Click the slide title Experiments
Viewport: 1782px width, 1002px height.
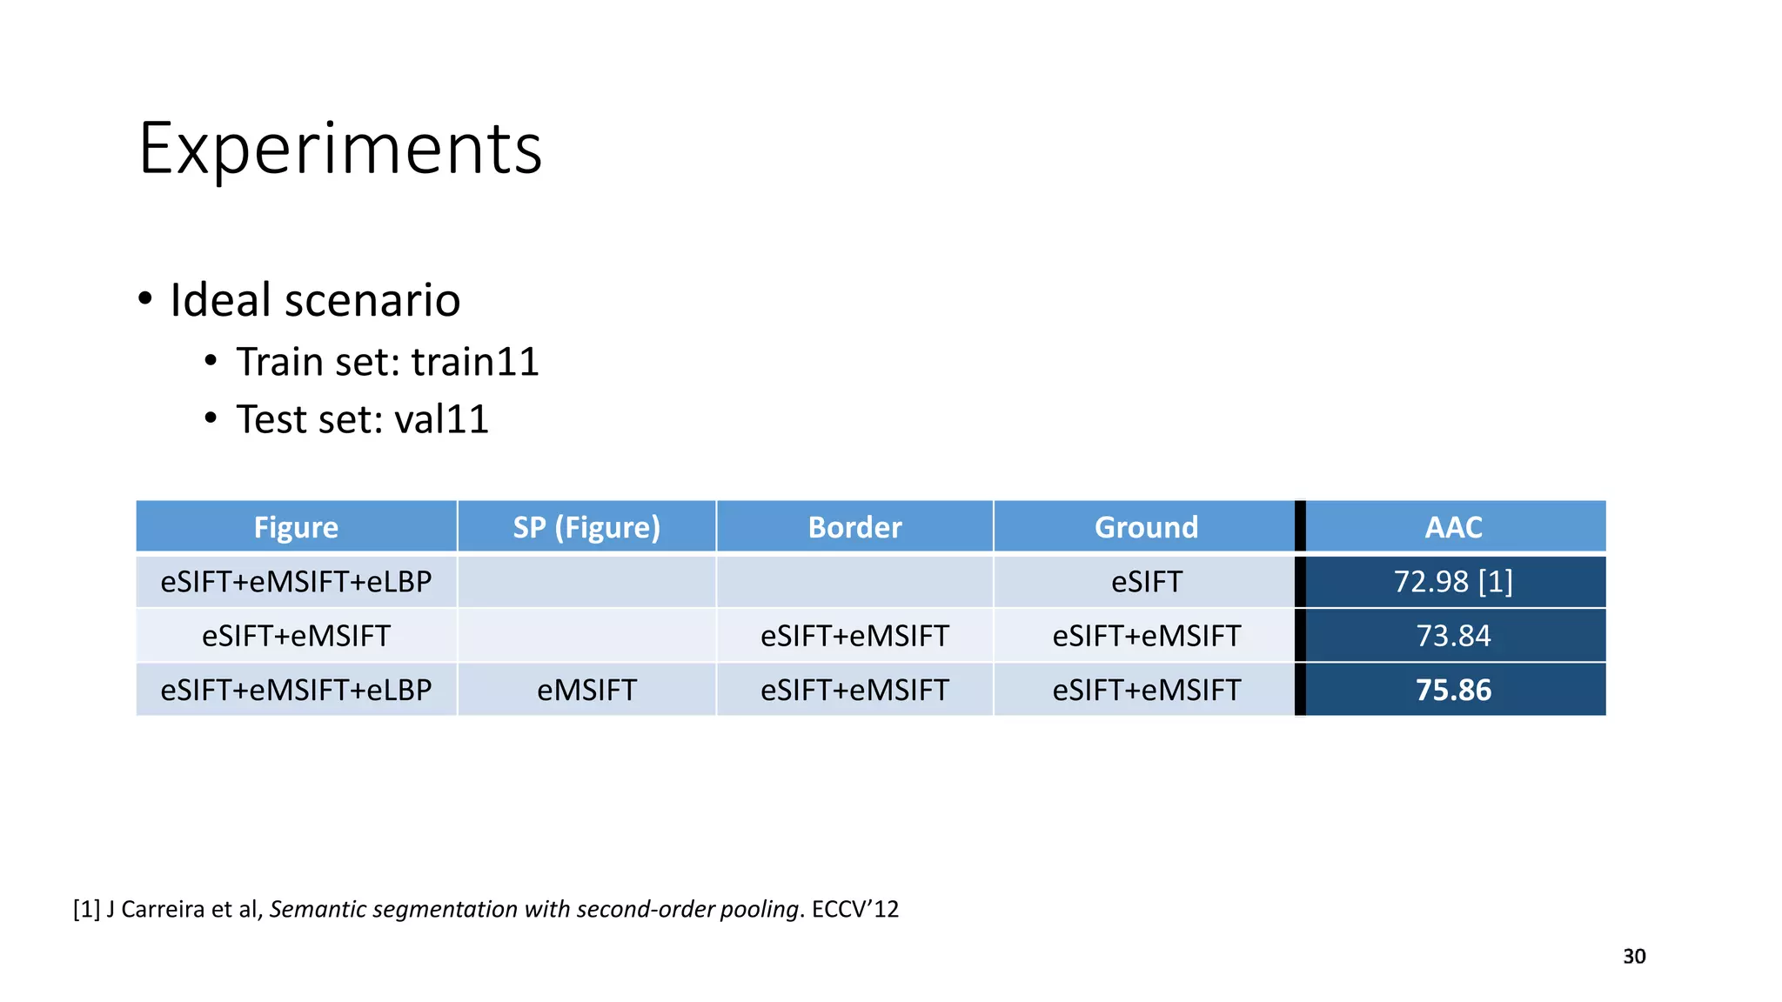(340, 149)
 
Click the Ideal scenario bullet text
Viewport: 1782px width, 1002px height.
(314, 300)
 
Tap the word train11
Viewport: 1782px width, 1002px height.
(475, 362)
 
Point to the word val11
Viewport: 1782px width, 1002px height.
(441, 419)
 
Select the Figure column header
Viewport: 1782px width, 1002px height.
(296, 527)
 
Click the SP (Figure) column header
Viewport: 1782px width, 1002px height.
(586, 527)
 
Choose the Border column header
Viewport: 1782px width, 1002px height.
(854, 527)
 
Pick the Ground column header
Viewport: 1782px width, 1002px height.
(1146, 527)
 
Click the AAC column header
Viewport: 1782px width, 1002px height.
(1453, 527)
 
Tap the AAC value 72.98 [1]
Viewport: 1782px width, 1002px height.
(1453, 581)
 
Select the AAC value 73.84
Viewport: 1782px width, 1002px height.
(1453, 636)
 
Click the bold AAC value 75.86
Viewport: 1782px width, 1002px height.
(1453, 690)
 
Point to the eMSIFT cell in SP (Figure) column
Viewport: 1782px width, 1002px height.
(586, 690)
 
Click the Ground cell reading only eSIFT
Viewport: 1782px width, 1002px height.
(1146, 581)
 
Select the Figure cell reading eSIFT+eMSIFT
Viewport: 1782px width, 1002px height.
(296, 636)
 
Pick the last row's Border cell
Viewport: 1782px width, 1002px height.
(854, 690)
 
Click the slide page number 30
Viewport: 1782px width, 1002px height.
(1634, 956)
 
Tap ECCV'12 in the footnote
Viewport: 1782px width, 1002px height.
(855, 909)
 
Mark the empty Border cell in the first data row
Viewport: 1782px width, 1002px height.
(854, 581)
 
